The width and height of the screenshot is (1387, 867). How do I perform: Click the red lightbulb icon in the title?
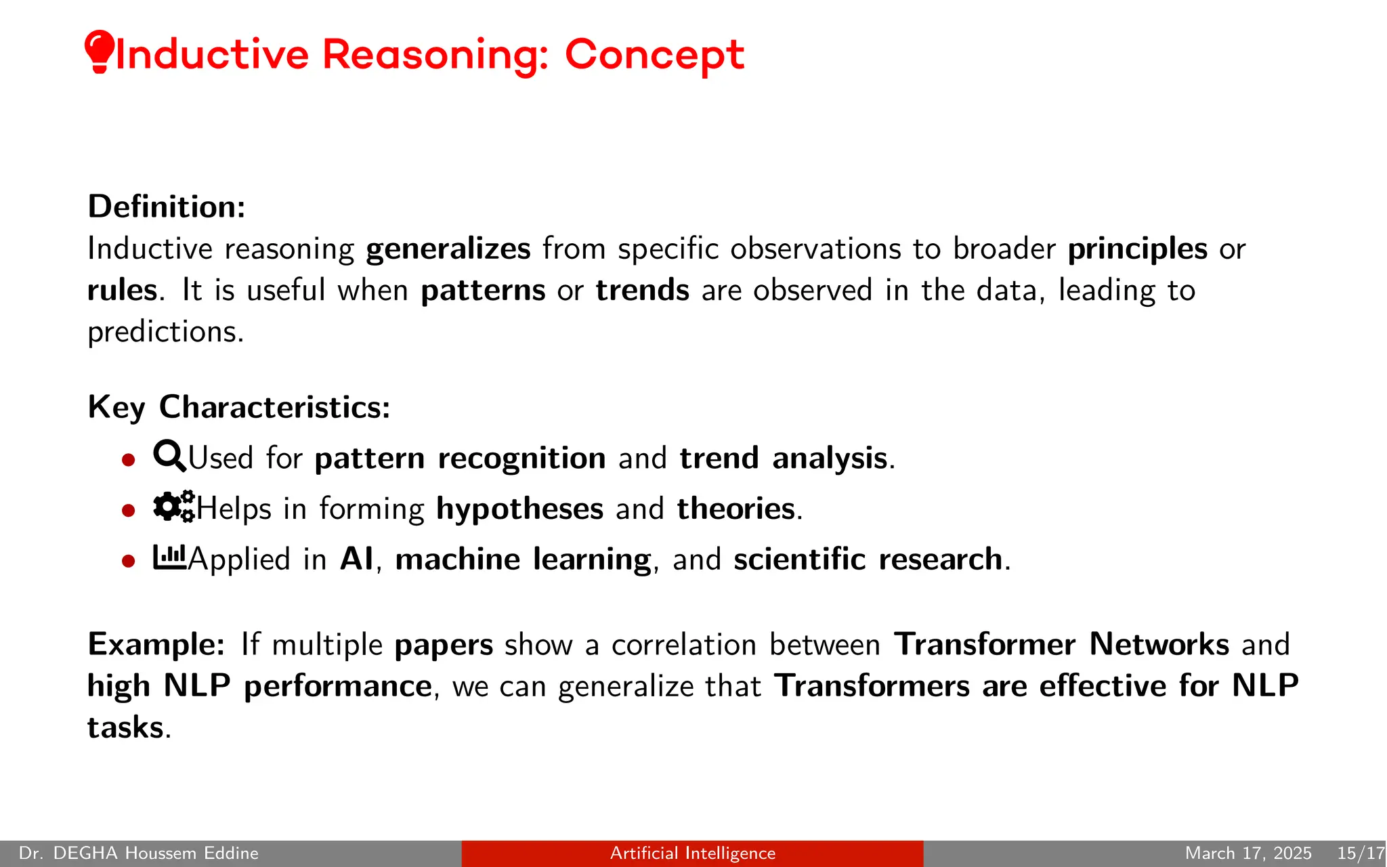tap(99, 51)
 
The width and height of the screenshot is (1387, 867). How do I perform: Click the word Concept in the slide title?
tap(654, 54)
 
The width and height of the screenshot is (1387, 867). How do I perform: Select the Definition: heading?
tap(167, 207)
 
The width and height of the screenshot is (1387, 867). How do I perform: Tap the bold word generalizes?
tap(448, 249)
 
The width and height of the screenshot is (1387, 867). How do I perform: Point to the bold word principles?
tap(1137, 249)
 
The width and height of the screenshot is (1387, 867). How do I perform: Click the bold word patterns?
tap(483, 291)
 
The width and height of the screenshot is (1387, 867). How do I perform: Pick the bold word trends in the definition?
tap(642, 291)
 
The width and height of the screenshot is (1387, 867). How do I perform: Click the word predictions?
tap(165, 332)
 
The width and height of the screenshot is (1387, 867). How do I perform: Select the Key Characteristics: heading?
tap(239, 407)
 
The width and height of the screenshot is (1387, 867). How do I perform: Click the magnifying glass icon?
tap(169, 456)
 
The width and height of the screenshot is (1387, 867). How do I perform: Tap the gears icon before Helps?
tap(173, 506)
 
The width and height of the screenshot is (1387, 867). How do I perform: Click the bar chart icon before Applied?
tap(169, 557)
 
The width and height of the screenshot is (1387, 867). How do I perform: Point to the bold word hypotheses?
tap(519, 509)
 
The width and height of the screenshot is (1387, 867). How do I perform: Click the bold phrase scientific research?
tap(868, 559)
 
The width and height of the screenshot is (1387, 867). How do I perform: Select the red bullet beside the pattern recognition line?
tap(129, 461)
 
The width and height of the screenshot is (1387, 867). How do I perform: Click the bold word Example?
tap(156, 644)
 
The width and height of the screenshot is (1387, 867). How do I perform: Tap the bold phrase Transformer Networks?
tap(1061, 644)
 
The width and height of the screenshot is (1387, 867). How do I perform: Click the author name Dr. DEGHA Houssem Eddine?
tap(139, 853)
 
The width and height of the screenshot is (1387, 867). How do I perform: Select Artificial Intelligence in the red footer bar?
tap(692, 853)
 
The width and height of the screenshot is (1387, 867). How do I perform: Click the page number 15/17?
tap(1360, 853)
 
